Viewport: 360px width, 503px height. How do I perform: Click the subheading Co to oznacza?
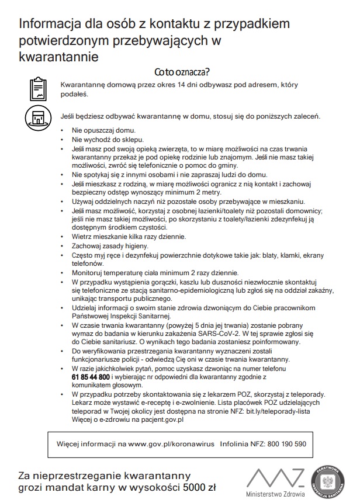click(182, 72)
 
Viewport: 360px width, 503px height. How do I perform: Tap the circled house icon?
click(37, 117)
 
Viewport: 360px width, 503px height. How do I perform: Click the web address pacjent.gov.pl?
click(159, 419)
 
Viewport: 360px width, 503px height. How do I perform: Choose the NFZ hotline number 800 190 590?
click(286, 444)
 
